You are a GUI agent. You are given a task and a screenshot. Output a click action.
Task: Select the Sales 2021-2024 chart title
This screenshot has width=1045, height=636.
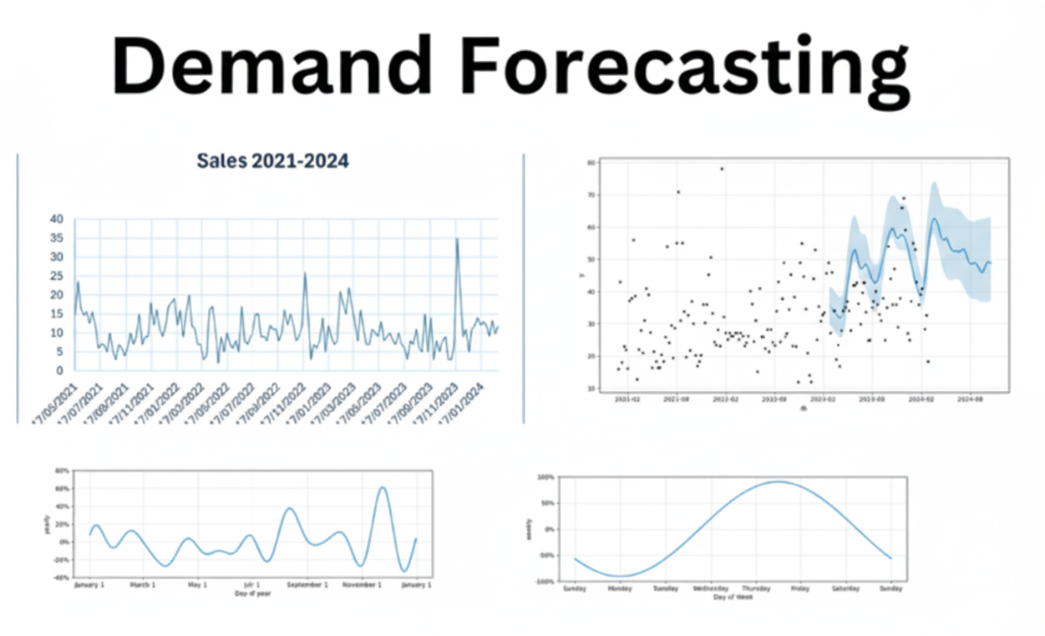(x=272, y=161)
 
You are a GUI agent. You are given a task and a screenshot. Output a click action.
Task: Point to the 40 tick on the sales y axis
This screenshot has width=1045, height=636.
(x=57, y=219)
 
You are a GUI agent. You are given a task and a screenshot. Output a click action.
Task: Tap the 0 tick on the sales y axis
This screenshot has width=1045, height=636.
(x=60, y=370)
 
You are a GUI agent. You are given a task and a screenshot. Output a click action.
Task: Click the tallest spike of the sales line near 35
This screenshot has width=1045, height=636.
(x=457, y=239)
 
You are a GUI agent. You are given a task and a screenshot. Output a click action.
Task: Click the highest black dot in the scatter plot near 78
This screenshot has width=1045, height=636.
(x=722, y=169)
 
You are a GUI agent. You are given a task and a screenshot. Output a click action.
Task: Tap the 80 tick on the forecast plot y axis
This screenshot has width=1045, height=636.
(x=591, y=163)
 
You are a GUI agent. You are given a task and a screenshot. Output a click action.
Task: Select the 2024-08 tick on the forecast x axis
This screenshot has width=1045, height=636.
(x=971, y=400)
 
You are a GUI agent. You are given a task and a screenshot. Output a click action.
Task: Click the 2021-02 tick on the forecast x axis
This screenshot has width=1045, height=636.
(x=627, y=400)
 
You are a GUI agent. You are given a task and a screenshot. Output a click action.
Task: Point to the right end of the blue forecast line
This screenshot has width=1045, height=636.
(x=991, y=262)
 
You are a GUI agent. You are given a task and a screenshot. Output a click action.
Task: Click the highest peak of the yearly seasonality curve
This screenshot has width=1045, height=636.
(x=382, y=487)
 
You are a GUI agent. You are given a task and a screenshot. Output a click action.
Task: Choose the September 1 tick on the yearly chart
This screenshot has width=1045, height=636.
(x=307, y=585)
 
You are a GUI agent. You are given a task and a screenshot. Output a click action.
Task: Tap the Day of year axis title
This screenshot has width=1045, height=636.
(x=253, y=593)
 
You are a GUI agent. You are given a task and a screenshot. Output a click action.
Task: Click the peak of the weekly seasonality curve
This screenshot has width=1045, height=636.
(x=778, y=481)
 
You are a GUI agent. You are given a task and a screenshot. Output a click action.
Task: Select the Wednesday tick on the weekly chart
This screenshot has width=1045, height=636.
(x=710, y=588)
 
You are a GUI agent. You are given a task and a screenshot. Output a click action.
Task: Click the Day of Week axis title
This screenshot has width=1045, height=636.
(x=732, y=597)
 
